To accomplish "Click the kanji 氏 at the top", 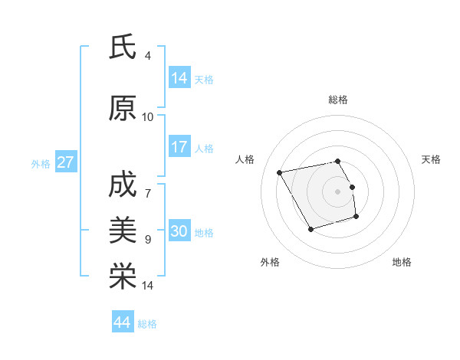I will click(x=123, y=47).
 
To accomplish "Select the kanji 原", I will click(x=123, y=109).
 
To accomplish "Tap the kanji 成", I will click(x=123, y=185).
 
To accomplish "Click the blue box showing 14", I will click(x=179, y=78).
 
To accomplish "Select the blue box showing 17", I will click(x=179, y=147).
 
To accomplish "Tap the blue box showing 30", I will click(x=179, y=231).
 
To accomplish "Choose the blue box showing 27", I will click(x=65, y=162).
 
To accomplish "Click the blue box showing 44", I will click(x=123, y=322).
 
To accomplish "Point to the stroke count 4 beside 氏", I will click(x=148, y=56).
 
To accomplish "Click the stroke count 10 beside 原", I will click(x=148, y=117).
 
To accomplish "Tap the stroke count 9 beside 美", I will click(x=148, y=240).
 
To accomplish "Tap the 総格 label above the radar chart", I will click(x=338, y=100).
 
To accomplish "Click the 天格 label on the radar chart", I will click(x=432, y=159).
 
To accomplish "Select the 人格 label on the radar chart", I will click(x=245, y=159).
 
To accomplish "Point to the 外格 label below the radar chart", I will click(x=270, y=262).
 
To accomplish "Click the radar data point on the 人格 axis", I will click(x=280, y=172).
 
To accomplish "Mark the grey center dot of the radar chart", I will click(x=338, y=191).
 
